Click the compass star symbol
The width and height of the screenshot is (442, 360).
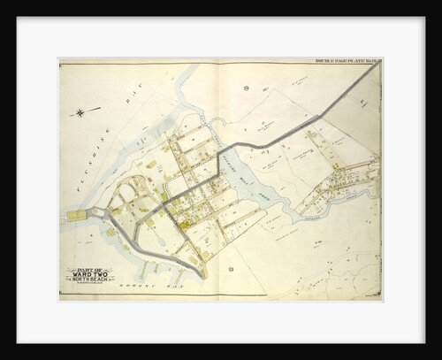tap(82, 112)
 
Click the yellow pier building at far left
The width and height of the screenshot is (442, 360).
tap(75, 215)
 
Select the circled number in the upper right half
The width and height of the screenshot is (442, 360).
tap(247, 88)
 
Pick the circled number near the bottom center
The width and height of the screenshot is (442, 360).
tap(231, 268)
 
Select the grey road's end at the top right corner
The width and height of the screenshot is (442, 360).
tap(378, 64)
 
